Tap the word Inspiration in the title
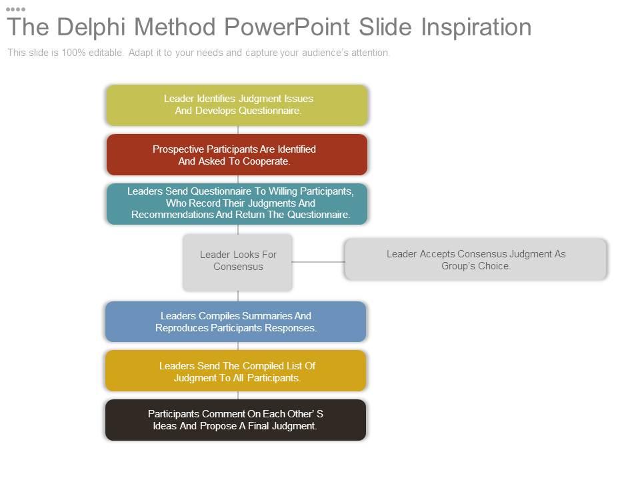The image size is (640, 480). point(476,27)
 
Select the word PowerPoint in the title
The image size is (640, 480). point(287,27)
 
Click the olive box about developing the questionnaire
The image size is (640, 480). point(237,105)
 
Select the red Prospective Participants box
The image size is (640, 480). point(237,155)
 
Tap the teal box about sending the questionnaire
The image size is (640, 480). point(237,204)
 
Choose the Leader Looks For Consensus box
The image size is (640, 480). point(237,263)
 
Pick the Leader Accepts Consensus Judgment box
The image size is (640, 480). point(475,259)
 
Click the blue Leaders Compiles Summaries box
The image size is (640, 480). point(235,321)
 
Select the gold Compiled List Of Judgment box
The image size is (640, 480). point(235,371)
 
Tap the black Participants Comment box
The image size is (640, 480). point(235,420)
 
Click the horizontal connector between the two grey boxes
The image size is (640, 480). point(319,262)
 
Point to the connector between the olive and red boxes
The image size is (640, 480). point(238,130)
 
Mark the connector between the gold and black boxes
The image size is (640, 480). point(238,395)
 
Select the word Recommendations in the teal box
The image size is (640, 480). point(173,215)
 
